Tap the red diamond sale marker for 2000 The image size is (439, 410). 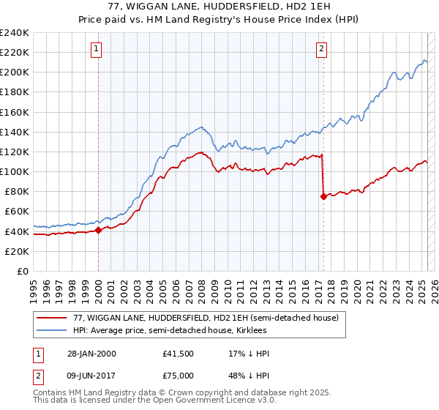tap(98, 230)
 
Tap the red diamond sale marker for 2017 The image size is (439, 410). tap(323, 196)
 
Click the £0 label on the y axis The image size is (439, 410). tap(23, 271)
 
